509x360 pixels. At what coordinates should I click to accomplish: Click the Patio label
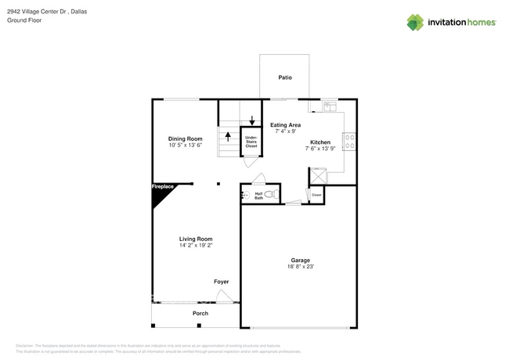point(285,77)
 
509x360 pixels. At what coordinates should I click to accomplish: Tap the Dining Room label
point(185,139)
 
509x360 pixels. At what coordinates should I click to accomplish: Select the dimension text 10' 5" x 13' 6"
point(185,146)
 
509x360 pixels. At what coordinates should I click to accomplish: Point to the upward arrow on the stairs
point(228,137)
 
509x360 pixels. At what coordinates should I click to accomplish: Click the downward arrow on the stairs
point(251,119)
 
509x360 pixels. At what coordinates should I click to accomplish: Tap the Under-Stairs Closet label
point(251,141)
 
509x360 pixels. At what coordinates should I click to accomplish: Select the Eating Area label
point(285,125)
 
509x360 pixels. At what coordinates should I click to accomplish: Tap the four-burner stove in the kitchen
point(350,142)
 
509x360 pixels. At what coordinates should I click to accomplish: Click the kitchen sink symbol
point(329,104)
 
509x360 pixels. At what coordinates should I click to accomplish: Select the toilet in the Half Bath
point(271,193)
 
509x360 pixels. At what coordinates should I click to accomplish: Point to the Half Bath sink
point(245,193)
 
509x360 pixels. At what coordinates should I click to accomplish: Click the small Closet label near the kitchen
point(316,195)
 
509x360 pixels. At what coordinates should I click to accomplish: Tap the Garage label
point(301,260)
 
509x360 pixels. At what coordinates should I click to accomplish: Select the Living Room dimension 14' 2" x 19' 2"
point(195,246)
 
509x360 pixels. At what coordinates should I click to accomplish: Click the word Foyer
point(221,281)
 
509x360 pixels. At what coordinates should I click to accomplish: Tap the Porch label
point(200,313)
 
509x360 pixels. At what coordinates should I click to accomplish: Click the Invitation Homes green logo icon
point(415,23)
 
